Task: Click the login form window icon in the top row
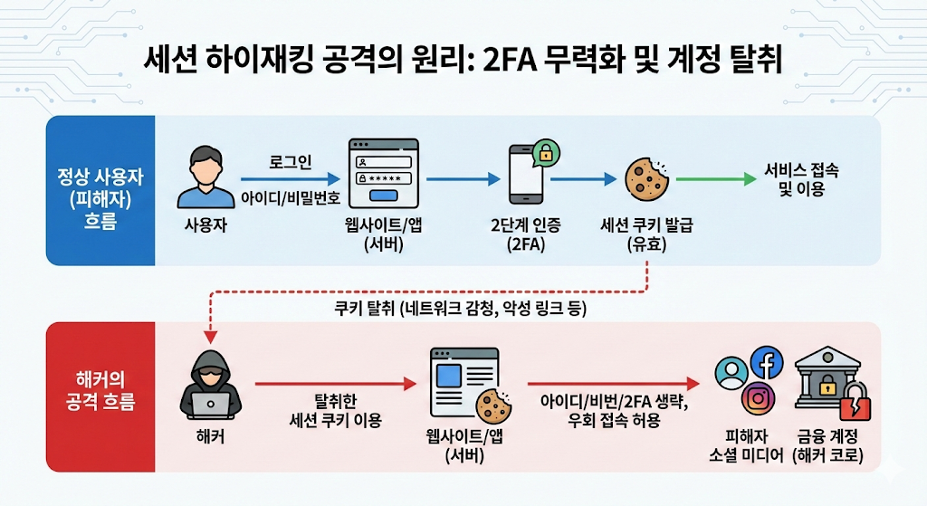pyautogui.click(x=384, y=173)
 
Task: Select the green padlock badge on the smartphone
pyautogui.click(x=546, y=152)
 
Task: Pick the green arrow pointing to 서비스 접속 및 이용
pyautogui.click(x=715, y=180)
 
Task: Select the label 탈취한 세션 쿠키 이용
pyautogui.click(x=335, y=410)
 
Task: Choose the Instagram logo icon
pyautogui.click(x=759, y=397)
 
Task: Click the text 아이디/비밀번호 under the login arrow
pyautogui.click(x=285, y=197)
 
